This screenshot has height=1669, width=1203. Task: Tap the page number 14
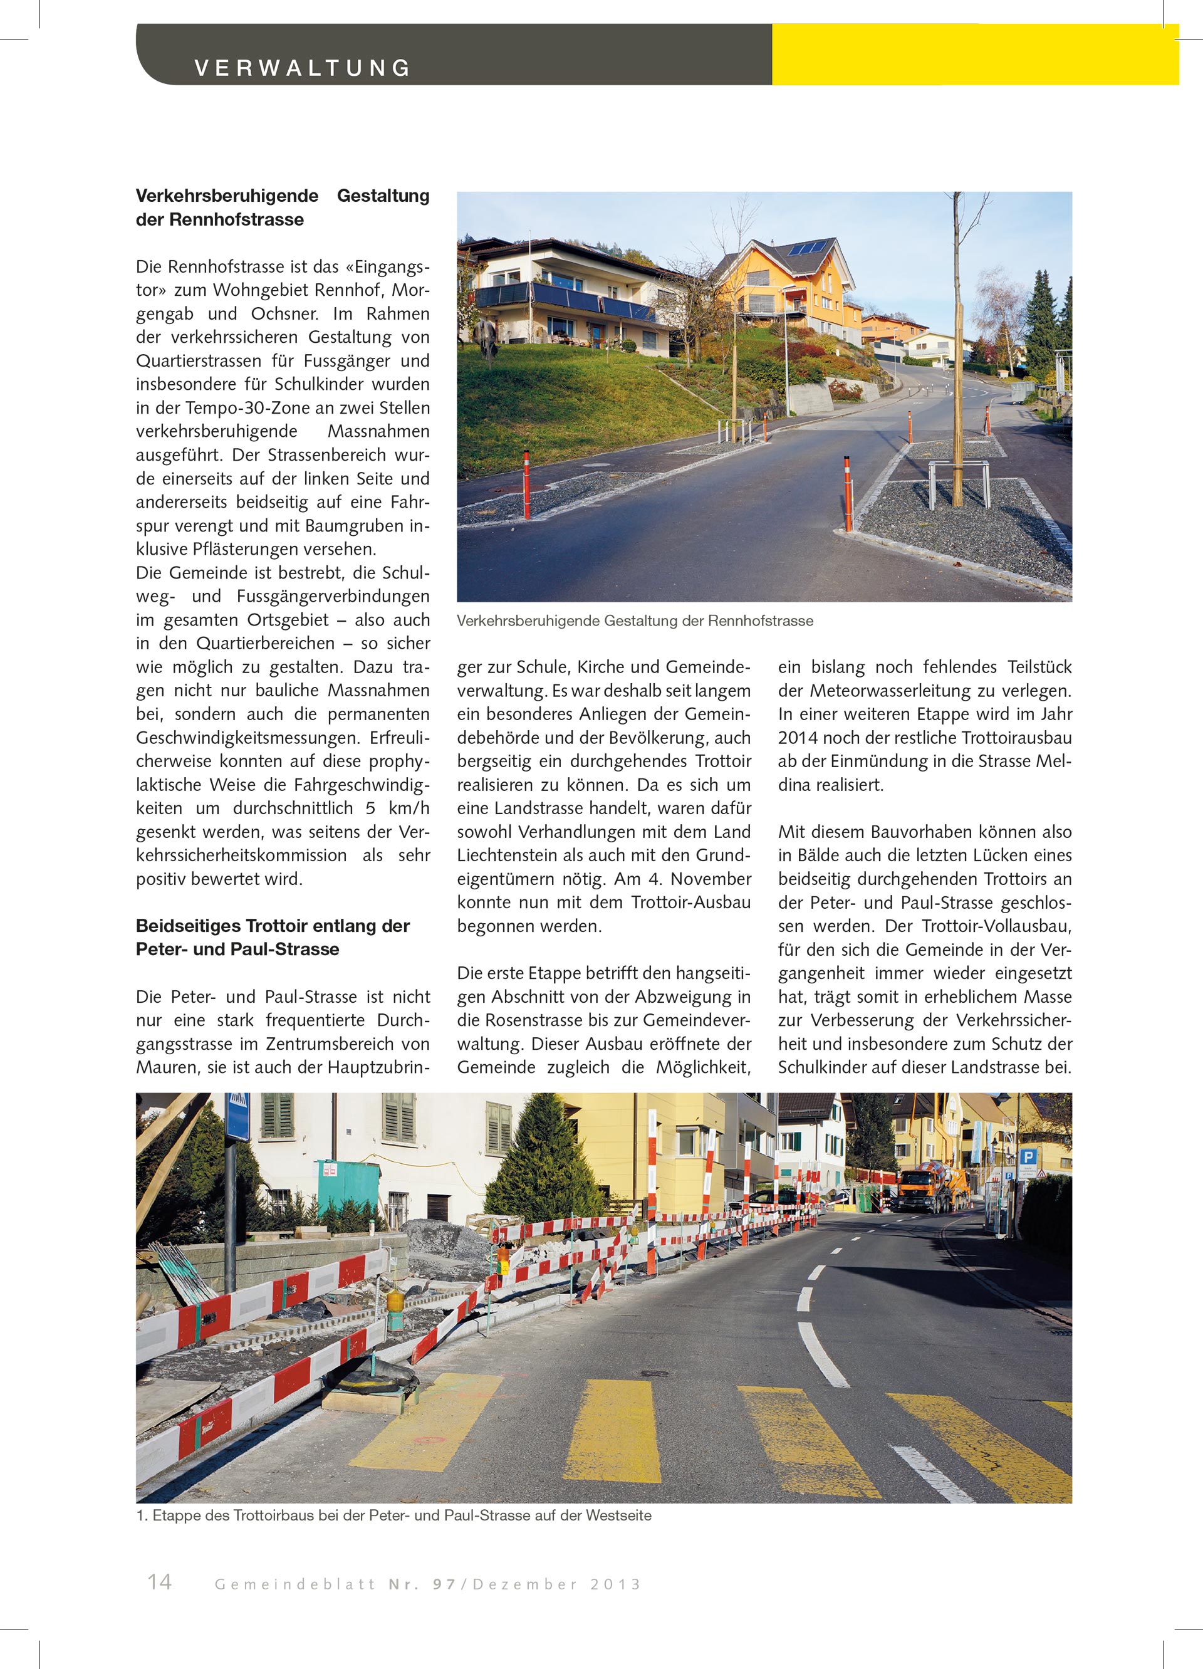click(x=160, y=1582)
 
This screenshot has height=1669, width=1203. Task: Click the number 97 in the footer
click(x=444, y=1584)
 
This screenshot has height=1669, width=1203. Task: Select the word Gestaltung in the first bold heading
click(x=383, y=196)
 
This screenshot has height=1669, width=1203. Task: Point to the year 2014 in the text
click(x=798, y=738)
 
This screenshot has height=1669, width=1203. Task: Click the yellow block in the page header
click(x=974, y=55)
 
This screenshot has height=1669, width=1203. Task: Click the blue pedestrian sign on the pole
click(x=237, y=1117)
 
